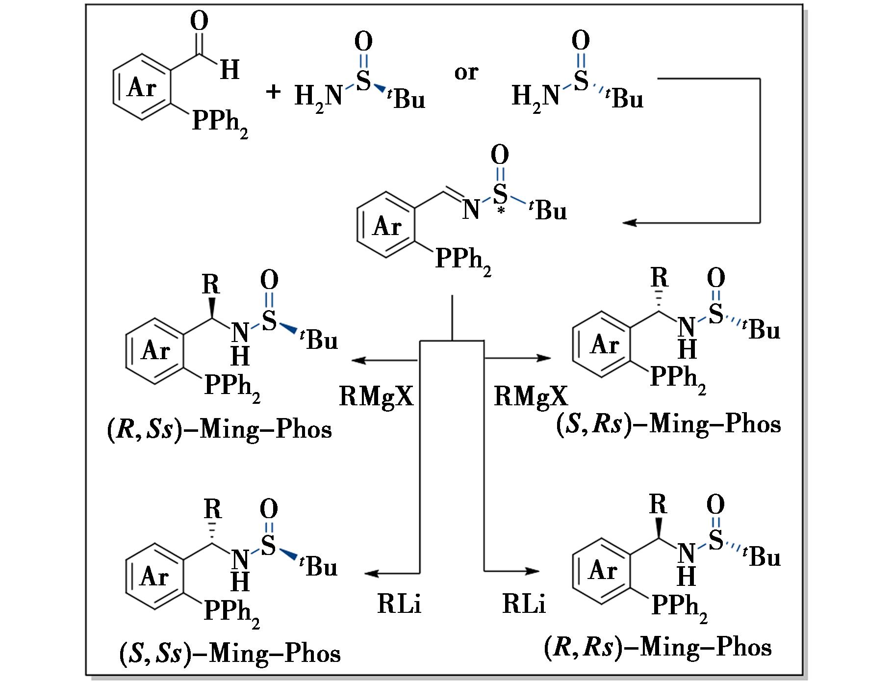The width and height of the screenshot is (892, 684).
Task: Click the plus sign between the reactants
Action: coord(273,92)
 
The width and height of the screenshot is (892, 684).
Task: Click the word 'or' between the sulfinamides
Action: coord(465,73)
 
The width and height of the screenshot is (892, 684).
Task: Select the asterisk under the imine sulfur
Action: coord(500,210)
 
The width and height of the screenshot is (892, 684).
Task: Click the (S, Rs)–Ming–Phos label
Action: coord(668,424)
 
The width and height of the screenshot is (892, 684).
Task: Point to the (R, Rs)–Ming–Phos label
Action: coord(657,648)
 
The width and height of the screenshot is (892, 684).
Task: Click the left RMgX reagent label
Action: coord(376,396)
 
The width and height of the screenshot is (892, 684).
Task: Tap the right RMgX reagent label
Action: coord(531,396)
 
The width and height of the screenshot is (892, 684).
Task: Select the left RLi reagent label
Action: coord(399,604)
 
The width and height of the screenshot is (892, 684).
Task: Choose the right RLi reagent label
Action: coord(524,604)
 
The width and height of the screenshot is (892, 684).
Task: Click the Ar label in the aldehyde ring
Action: coord(142,88)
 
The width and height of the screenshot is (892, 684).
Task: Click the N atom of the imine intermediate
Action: coord(471,210)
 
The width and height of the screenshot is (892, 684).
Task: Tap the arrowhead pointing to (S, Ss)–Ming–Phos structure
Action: coord(372,573)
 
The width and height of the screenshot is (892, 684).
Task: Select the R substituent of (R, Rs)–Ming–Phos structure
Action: coord(658,505)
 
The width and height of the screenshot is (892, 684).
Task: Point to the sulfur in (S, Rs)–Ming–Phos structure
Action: coord(715,314)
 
